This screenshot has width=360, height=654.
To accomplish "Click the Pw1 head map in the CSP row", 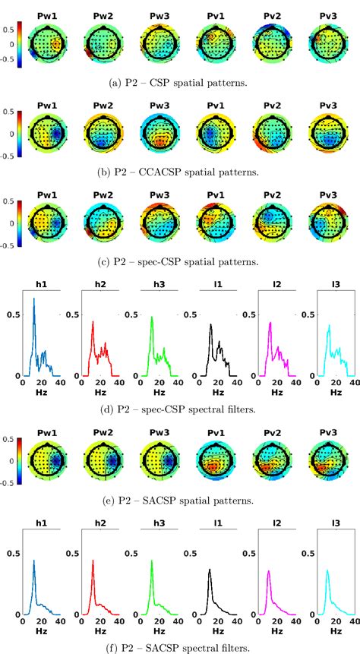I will point(47,46).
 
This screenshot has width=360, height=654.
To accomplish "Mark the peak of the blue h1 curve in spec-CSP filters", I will point(33,299).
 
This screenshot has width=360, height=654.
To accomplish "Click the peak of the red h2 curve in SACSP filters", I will point(93,561).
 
